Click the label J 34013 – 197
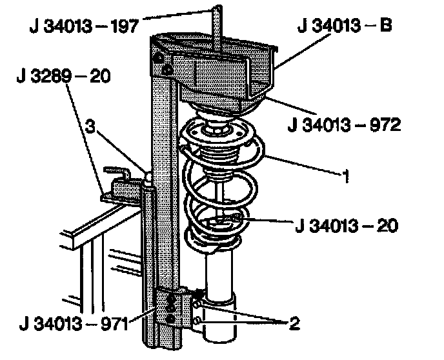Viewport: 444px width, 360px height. [x=84, y=26]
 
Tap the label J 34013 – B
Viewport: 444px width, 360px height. [x=345, y=25]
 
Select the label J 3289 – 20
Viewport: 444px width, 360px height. [x=63, y=76]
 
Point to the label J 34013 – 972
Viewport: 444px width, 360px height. [x=345, y=125]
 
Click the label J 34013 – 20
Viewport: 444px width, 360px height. [x=347, y=226]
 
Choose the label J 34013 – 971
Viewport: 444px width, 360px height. [x=74, y=324]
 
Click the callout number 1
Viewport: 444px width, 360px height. [x=345, y=176]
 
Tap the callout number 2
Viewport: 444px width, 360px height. [x=294, y=323]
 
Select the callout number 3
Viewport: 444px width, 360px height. [x=90, y=126]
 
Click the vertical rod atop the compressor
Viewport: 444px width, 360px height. [x=217, y=29]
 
